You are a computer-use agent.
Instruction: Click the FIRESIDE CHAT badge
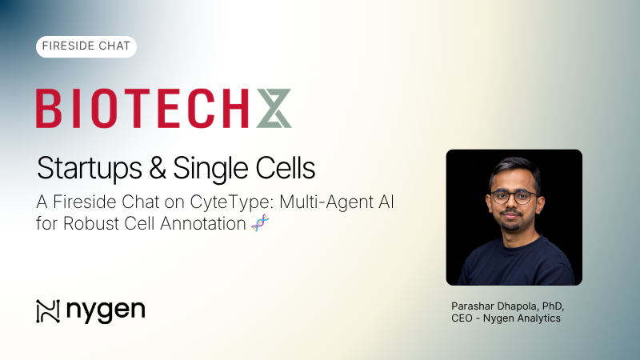86,46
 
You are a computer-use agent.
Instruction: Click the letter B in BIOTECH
50,108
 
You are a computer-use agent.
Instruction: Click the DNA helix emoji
260,223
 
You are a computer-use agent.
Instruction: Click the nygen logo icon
48,310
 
